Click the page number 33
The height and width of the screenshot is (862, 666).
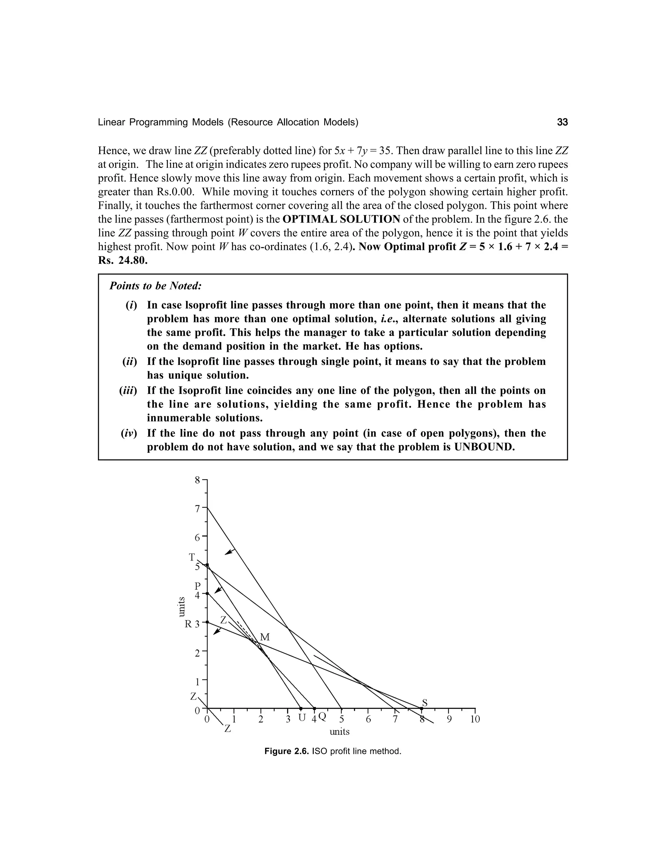562,122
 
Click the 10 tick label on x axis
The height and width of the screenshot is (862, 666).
475,719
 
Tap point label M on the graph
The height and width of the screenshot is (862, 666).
265,637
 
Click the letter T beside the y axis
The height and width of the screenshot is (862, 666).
192,557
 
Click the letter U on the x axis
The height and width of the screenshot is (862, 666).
302,718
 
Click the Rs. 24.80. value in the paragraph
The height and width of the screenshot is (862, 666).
123,261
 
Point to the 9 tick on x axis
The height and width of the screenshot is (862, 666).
448,719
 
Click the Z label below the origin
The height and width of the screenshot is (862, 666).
228,729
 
